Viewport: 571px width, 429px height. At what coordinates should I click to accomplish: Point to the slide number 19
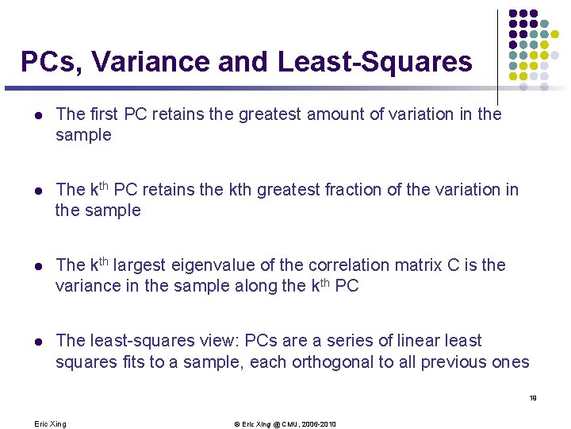tap(533, 398)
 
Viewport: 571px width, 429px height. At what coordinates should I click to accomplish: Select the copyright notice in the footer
tap(285, 424)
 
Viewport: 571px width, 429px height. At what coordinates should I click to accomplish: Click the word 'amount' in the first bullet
tap(331, 114)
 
